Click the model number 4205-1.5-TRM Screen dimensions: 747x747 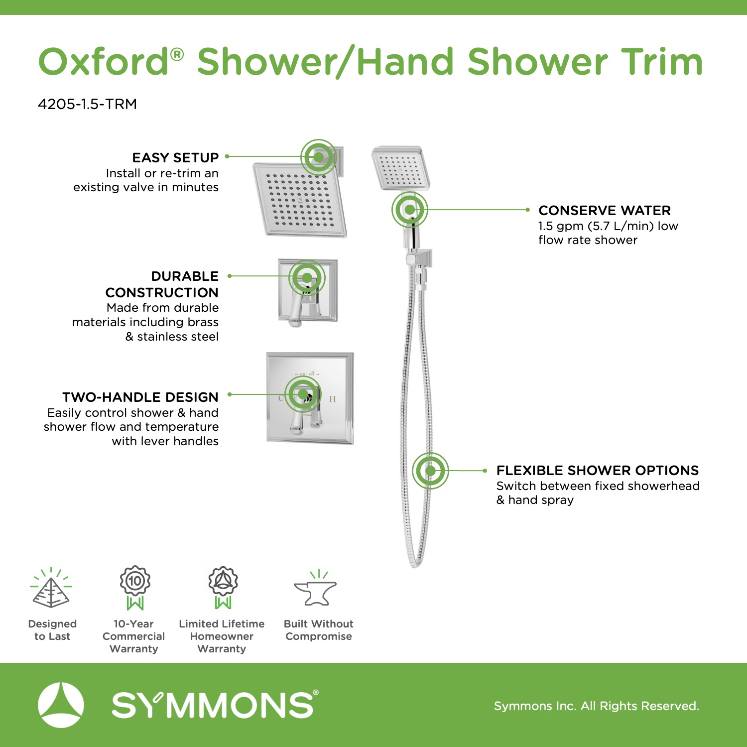pyautogui.click(x=87, y=104)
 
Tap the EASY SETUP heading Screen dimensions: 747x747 pyautogui.click(x=175, y=158)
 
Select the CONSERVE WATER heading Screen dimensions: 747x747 pyautogui.click(x=605, y=210)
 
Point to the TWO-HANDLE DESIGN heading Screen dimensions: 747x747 pyautogui.click(x=140, y=397)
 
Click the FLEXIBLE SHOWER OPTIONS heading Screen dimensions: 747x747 pyautogui.click(x=598, y=471)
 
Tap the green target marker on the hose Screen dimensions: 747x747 pyautogui.click(x=430, y=471)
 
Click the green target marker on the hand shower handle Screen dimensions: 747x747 pyautogui.click(x=410, y=210)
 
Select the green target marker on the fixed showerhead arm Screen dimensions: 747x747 pyautogui.click(x=319, y=157)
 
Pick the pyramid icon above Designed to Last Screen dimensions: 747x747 pyautogui.click(x=51, y=589)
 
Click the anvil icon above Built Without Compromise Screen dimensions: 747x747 pyautogui.click(x=316, y=589)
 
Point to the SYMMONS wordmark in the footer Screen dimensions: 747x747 pyautogui.click(x=215, y=705)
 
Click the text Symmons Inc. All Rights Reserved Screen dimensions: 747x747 pyautogui.click(x=597, y=706)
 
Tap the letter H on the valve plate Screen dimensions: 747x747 pyautogui.click(x=333, y=399)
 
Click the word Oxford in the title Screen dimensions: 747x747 pyautogui.click(x=104, y=62)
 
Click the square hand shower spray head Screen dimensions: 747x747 pyautogui.click(x=401, y=168)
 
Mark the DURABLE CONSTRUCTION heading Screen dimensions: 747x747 pyautogui.click(x=162, y=284)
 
